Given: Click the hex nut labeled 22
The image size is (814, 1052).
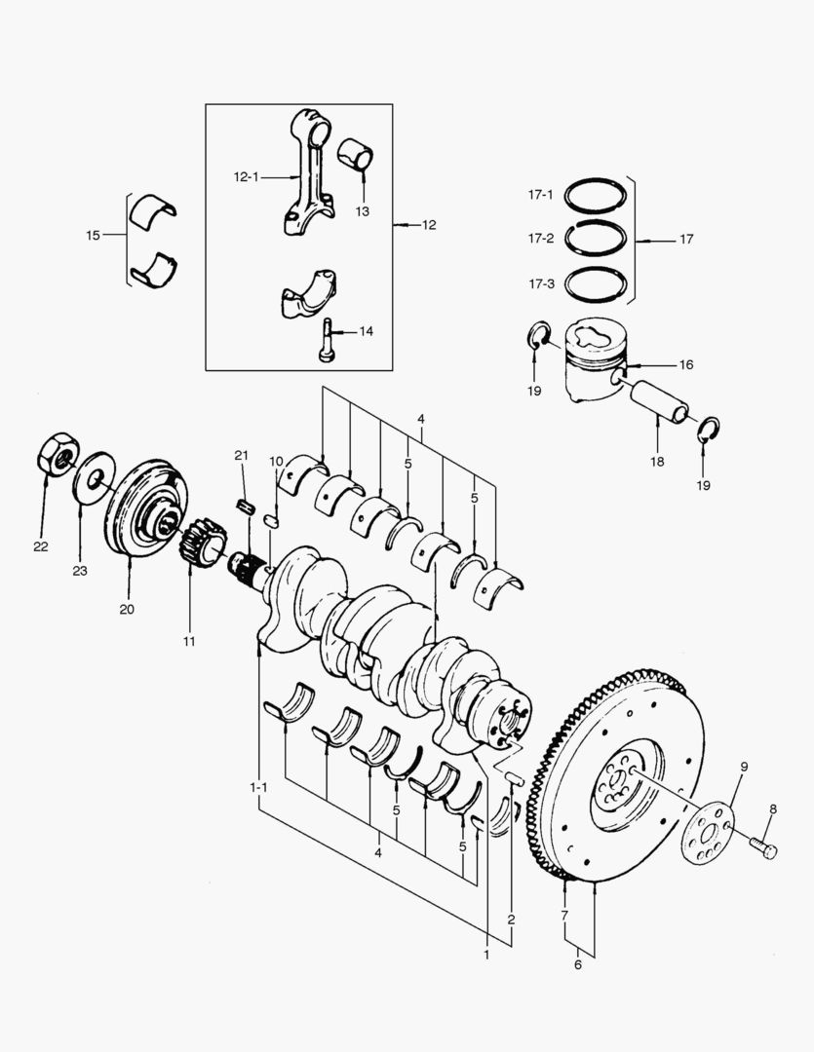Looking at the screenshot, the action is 58,454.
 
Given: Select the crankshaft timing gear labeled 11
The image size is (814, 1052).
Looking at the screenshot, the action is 202,543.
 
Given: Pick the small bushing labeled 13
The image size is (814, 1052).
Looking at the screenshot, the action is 355,155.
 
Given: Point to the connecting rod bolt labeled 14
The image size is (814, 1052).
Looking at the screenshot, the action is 327,340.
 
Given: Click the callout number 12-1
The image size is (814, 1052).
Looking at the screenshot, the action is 246,177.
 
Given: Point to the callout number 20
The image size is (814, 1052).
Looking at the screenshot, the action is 127,609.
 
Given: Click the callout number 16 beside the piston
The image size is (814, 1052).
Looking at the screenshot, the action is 685,365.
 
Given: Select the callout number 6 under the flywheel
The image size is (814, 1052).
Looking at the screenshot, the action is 578,964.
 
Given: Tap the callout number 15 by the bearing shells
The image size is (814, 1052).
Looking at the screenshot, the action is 93,236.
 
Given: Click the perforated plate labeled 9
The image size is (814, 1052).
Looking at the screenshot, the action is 708,833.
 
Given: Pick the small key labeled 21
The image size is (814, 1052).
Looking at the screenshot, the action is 247,506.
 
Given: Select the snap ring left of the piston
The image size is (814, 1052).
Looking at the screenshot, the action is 538,335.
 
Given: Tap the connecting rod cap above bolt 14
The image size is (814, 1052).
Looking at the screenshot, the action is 308,292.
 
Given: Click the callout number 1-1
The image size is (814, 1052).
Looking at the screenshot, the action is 258,787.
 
